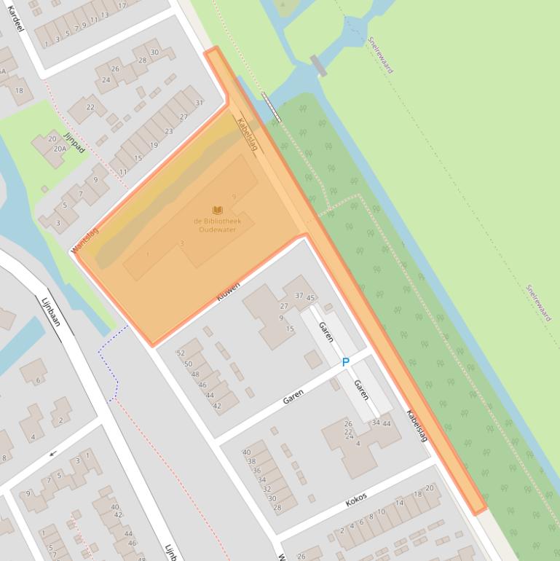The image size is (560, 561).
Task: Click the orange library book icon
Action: pos(217,211)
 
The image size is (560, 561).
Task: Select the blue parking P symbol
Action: pos(346,362)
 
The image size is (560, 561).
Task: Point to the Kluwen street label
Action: pos(228,291)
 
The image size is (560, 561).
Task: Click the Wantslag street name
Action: pos(85,240)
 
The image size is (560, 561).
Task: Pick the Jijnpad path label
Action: pos(74,142)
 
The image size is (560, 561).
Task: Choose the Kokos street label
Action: pos(356,500)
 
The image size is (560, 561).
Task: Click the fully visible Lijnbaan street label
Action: pos(50,312)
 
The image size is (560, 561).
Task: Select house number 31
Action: pos(199,103)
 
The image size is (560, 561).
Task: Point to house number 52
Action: pos(181,353)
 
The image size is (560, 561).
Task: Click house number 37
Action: pos(299,296)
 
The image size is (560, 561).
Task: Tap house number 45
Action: pos(311,298)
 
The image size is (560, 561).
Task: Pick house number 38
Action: pos(251,461)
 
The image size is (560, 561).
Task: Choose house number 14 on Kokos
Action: pos(399,503)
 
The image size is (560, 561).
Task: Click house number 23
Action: pos(168,131)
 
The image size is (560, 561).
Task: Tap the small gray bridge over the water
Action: pos(318,66)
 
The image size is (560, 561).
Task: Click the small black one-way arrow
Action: pos(52,454)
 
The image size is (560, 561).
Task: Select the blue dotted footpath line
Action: pos(113,361)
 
